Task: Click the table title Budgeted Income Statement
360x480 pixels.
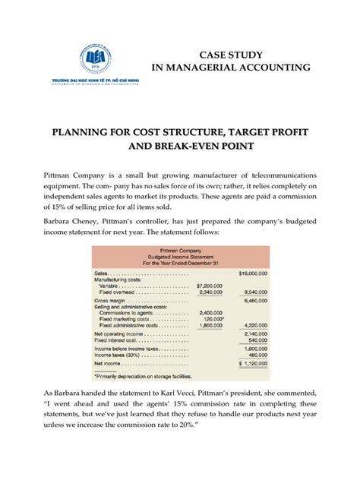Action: [179, 256]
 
